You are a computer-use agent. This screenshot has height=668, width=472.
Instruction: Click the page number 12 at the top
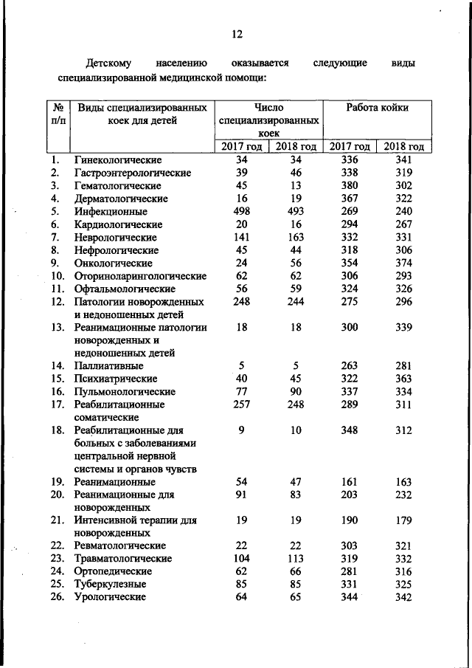click(x=236, y=34)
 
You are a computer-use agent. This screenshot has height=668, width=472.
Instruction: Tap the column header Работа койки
click(x=378, y=108)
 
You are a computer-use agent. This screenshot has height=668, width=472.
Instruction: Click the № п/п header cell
click(x=55, y=114)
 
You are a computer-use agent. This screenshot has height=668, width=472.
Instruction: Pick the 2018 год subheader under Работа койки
click(x=403, y=146)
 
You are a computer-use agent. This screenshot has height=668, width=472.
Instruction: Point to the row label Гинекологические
click(x=118, y=159)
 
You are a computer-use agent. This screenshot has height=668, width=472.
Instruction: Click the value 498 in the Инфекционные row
click(x=241, y=211)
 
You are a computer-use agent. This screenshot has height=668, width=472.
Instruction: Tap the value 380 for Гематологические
click(x=350, y=185)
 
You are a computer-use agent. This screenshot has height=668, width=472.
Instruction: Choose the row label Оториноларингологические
click(x=140, y=276)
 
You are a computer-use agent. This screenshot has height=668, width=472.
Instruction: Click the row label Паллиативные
click(x=108, y=365)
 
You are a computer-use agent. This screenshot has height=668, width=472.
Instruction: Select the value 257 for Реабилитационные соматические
click(x=241, y=404)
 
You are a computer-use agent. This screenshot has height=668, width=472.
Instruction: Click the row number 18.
click(x=58, y=430)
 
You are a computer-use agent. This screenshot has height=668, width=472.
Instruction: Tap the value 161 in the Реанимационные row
click(x=350, y=481)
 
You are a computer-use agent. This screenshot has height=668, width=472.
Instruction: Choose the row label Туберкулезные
click(x=109, y=585)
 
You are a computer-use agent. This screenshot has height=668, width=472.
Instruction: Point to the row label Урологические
click(x=109, y=597)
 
